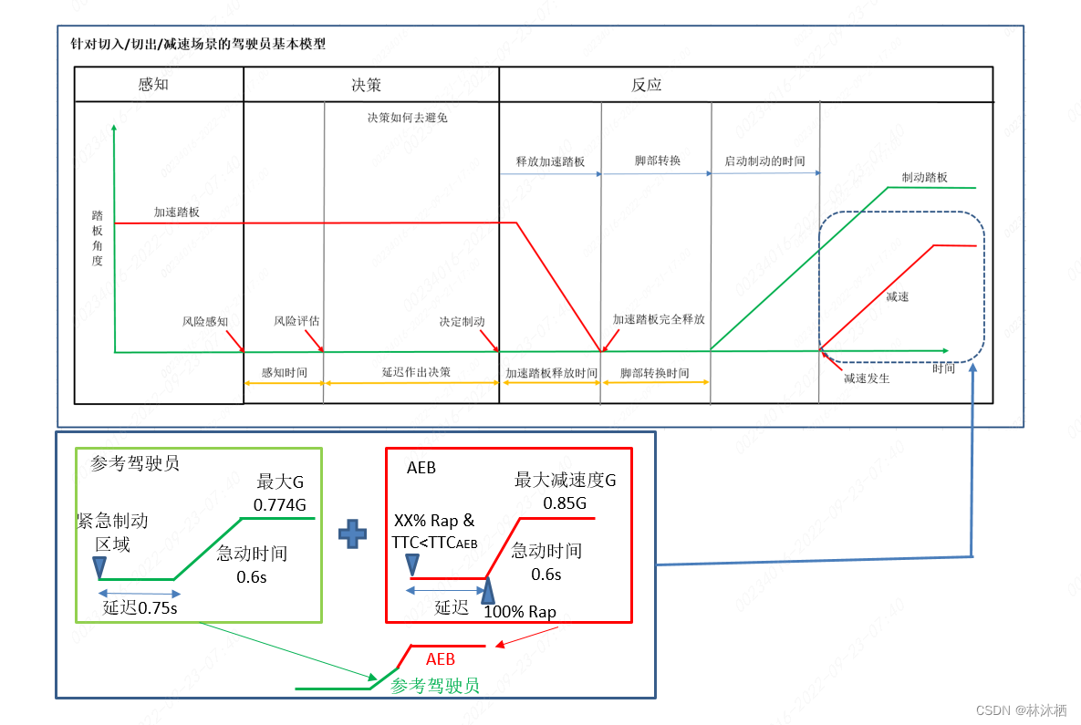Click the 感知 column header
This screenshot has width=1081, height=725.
(x=153, y=85)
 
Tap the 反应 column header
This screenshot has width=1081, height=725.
(x=646, y=85)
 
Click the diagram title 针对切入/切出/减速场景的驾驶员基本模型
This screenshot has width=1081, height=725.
(x=198, y=43)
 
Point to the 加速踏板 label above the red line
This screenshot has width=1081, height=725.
(x=177, y=212)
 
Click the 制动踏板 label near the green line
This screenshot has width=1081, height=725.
(x=925, y=177)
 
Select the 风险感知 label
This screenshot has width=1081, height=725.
(x=205, y=322)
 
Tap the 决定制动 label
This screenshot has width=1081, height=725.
(x=462, y=322)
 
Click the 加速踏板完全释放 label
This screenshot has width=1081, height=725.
(x=659, y=320)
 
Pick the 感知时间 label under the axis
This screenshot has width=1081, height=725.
(x=284, y=373)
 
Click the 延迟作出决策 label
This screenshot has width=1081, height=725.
(x=416, y=372)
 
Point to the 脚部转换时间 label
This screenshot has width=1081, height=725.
(x=654, y=373)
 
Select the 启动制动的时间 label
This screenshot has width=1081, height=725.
(x=765, y=161)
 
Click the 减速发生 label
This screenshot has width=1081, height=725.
(x=866, y=378)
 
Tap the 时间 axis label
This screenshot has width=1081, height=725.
(x=944, y=368)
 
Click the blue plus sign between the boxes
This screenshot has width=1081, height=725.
(x=353, y=533)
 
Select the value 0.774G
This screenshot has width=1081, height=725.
(x=279, y=504)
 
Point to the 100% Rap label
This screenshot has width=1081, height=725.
(x=519, y=611)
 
